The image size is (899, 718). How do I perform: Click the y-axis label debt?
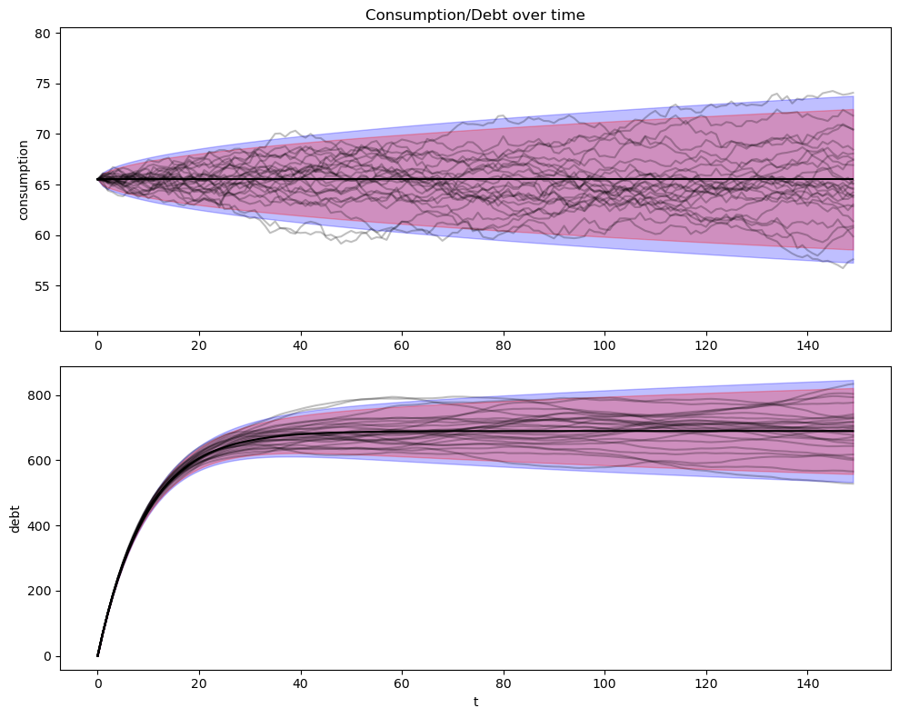[x=14, y=519]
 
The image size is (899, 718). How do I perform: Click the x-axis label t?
[x=475, y=702]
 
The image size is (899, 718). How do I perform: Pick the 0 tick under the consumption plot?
[x=97, y=345]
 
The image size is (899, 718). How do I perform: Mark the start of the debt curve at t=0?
[x=97, y=655]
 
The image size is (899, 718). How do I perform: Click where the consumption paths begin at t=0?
[x=97, y=179]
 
